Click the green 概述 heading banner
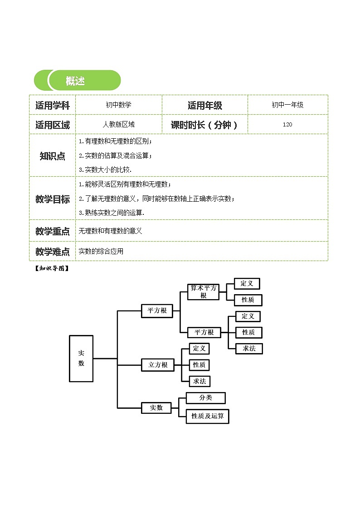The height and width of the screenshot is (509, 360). pos(78,81)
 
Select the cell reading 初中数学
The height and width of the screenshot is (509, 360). pos(118,105)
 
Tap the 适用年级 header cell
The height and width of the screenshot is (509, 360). pos(205,105)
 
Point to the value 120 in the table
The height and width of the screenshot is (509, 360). pos(287,125)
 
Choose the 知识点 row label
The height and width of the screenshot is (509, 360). pos(53,156)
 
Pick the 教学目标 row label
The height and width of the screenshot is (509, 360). pos(53,199)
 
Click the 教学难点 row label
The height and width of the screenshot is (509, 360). pos(53,252)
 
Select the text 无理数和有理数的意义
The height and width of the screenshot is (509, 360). pos(110,231)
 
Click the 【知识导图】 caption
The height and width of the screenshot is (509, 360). pos(51,268)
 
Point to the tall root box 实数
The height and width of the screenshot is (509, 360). pos(81,358)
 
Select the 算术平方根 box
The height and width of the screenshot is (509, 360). pos(204,292)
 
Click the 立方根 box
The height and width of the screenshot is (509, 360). pos(158,364)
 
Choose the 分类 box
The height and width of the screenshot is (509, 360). pos(205,398)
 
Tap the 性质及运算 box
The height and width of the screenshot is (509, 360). pos(207,416)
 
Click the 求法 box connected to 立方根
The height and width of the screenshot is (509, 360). pos(199,381)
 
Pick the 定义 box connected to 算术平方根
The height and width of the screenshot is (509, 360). pos(247,284)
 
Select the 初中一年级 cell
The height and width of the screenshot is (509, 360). pos(287,105)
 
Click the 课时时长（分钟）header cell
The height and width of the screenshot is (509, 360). pos(205,125)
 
